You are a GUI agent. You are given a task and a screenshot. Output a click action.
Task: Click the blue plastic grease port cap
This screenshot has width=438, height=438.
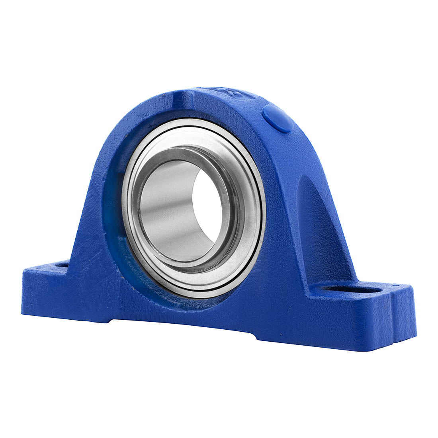point(278,118)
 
